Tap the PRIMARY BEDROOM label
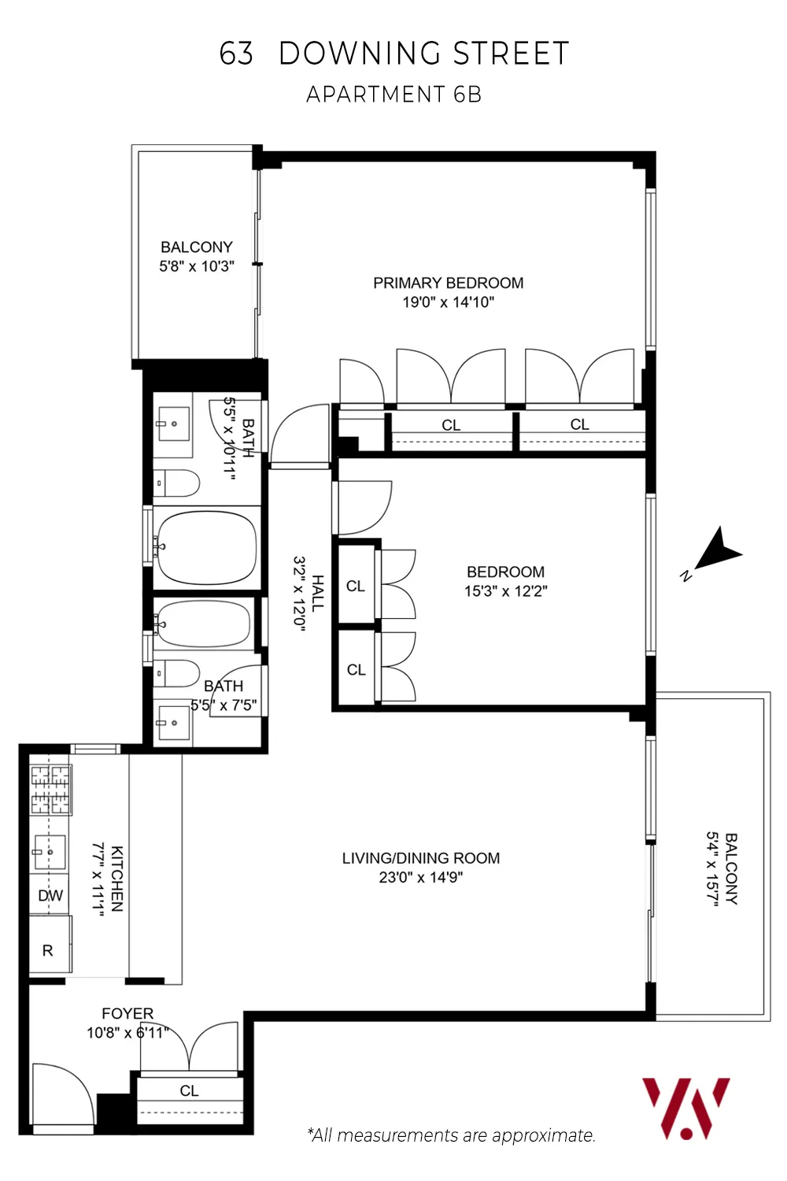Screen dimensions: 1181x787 click(x=448, y=283)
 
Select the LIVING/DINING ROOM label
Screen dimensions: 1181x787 click(x=420, y=858)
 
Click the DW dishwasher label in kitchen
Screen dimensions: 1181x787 click(x=50, y=895)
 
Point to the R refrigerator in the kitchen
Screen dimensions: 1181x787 click(x=49, y=950)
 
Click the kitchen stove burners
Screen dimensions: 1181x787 click(x=50, y=789)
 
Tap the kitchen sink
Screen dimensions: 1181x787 click(x=48, y=852)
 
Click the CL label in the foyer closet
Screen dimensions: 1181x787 click(x=189, y=1090)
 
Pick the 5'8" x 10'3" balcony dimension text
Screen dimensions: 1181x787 click(x=197, y=266)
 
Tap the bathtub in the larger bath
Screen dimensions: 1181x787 click(x=206, y=548)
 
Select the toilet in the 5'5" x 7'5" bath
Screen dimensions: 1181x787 click(x=177, y=673)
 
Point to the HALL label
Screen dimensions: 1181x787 click(x=317, y=593)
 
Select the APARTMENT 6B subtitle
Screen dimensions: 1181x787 click(x=393, y=94)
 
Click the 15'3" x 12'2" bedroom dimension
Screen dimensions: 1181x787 click(x=505, y=591)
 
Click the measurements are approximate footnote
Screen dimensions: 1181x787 click(x=451, y=1135)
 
